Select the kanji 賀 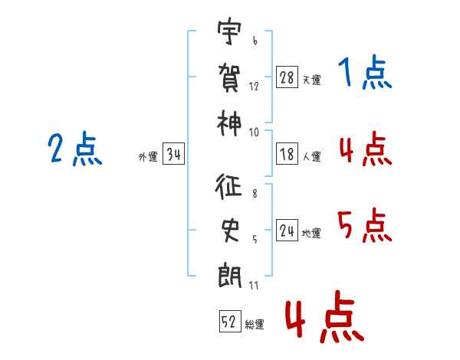(228, 77)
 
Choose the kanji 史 (228, 231)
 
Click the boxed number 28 (287, 77)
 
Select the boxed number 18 (287, 153)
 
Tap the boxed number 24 (287, 231)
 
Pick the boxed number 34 (173, 155)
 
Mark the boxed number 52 (229, 322)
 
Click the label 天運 (311, 80)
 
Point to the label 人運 (311, 156)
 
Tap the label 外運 (148, 157)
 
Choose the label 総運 (255, 324)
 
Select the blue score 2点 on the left (74, 149)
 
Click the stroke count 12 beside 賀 (254, 87)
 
